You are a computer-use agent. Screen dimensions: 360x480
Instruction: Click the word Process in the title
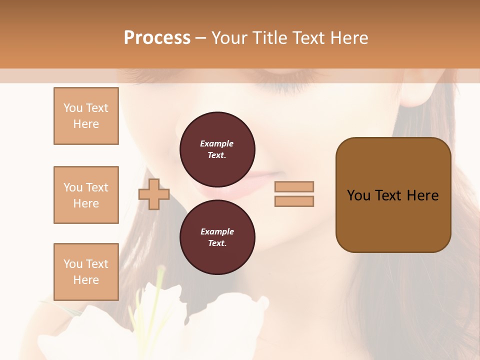(157, 38)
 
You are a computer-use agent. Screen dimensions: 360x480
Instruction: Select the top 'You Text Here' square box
(86, 116)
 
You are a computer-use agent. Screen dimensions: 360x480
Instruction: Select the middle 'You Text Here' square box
(86, 195)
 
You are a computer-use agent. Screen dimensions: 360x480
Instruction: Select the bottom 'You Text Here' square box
(86, 271)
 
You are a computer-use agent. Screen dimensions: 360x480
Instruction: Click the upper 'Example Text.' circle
(217, 149)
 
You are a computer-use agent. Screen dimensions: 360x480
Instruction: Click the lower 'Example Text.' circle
(217, 237)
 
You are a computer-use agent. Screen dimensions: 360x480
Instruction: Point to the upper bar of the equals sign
(294, 186)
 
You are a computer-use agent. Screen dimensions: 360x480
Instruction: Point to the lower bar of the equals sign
(294, 201)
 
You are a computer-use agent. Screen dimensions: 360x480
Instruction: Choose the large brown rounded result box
(393, 195)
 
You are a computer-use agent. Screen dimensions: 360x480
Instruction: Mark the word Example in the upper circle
(217, 143)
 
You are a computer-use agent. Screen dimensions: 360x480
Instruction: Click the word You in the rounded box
(358, 195)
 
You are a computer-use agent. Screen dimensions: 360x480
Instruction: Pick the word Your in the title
(230, 38)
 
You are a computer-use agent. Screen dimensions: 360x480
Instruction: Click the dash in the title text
(200, 38)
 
